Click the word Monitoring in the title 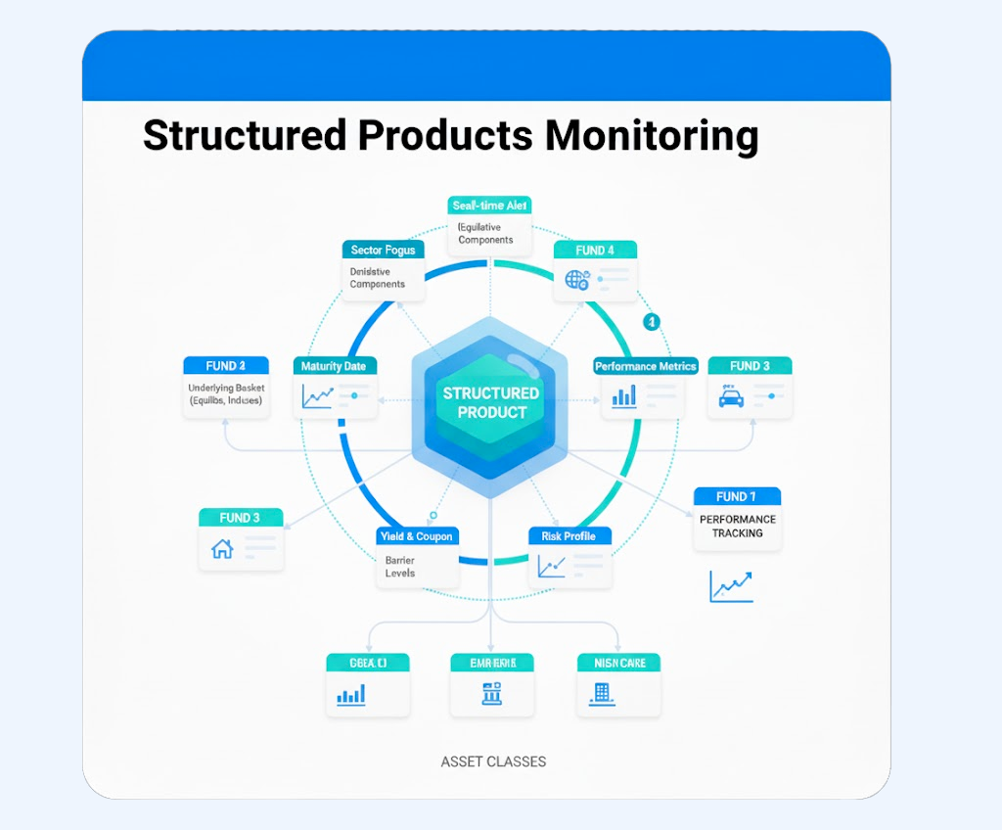[x=652, y=136]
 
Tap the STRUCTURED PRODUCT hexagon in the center [x=491, y=402]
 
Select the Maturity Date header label [x=335, y=366]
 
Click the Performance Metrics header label [x=645, y=366]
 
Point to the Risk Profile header [x=569, y=535]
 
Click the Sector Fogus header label [x=383, y=250]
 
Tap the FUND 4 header [x=595, y=250]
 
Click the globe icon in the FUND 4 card [x=576, y=280]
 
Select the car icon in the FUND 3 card [x=730, y=396]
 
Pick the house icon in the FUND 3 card [x=222, y=549]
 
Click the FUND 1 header [x=736, y=496]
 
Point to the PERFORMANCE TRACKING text [x=738, y=526]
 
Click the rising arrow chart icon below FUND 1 [x=731, y=586]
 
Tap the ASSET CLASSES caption [x=493, y=761]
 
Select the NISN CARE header [x=618, y=663]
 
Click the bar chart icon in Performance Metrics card [x=623, y=396]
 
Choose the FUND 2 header [x=225, y=366]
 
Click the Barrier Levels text [x=399, y=567]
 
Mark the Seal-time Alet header [x=490, y=206]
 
